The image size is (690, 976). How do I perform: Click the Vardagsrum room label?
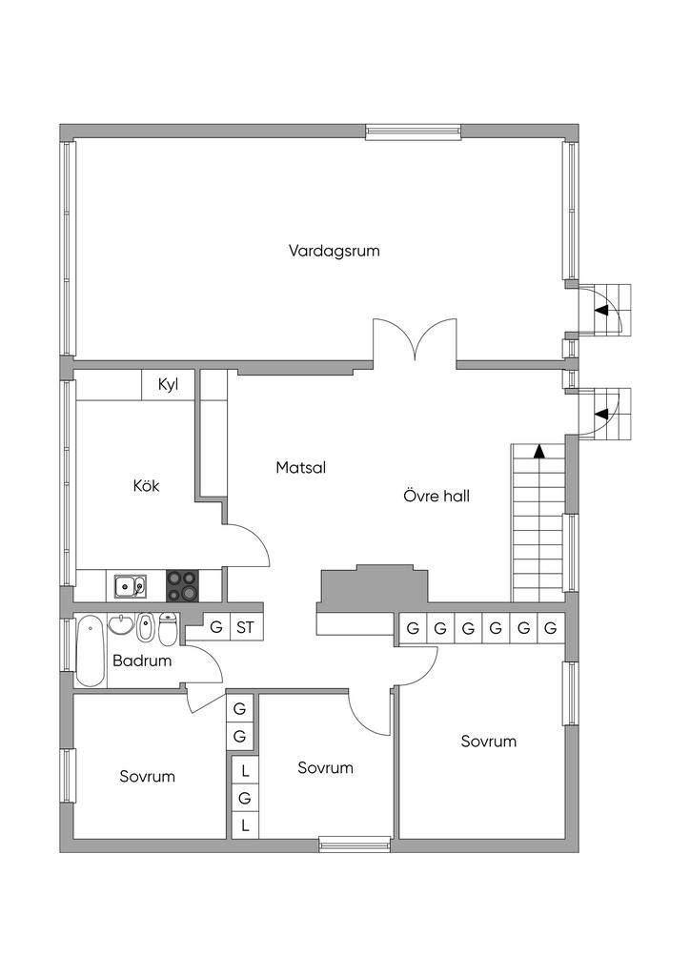coord(335,251)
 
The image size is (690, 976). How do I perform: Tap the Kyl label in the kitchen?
coord(168,385)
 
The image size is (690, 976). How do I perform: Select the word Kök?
coord(146,485)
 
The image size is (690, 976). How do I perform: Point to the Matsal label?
coord(300,467)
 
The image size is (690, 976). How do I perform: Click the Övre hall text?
coord(436,496)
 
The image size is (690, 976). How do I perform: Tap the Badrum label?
coord(142,661)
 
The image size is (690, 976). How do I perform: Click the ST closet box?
coord(247,627)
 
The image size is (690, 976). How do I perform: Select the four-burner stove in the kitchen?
coord(182,586)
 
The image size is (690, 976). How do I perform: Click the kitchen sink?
coord(130,586)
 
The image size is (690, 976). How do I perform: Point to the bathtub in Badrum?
coord(91,651)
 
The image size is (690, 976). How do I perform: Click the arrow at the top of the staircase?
coord(538,451)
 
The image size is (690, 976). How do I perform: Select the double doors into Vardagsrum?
coord(415,340)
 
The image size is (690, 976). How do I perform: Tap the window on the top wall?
coord(413,131)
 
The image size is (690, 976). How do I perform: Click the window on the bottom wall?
coord(355,844)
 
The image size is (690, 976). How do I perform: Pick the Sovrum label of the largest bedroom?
coord(488,742)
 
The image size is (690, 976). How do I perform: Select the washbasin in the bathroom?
coord(121,624)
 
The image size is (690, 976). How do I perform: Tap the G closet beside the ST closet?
coord(216,627)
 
